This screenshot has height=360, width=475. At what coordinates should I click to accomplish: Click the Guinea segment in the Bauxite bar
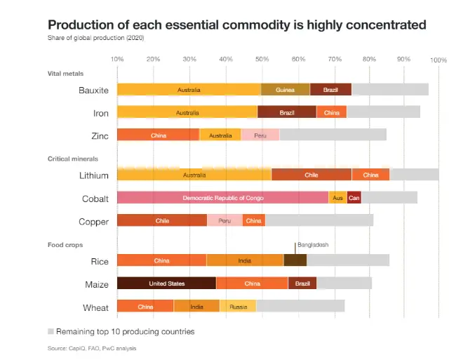(285, 90)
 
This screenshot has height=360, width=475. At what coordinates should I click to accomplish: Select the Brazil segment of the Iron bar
(287, 112)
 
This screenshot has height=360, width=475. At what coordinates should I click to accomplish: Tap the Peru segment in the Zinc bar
(260, 135)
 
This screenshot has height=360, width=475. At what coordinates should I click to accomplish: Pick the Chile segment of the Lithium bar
(312, 175)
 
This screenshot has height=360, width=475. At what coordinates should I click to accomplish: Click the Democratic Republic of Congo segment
(222, 198)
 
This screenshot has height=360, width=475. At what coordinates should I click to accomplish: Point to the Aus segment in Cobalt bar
(337, 198)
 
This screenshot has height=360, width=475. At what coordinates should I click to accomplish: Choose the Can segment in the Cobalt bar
(354, 198)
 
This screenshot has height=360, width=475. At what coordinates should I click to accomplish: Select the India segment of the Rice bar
(244, 260)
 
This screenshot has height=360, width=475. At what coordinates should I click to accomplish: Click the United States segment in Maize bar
(166, 284)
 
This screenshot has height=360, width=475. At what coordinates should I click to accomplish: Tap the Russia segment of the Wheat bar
(238, 306)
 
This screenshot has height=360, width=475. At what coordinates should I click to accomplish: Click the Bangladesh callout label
(313, 245)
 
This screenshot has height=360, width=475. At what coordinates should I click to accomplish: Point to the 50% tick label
(262, 60)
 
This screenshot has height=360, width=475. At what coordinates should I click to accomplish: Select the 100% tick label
(439, 60)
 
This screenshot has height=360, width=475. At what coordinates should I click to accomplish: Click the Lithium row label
(94, 175)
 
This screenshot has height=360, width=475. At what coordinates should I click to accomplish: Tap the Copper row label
(94, 222)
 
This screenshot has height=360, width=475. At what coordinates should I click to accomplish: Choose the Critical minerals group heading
(73, 159)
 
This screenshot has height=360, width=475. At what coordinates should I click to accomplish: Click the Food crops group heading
(65, 245)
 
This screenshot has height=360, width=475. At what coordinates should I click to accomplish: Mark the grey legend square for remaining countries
(51, 331)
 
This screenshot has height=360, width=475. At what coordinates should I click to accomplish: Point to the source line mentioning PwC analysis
(91, 349)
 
